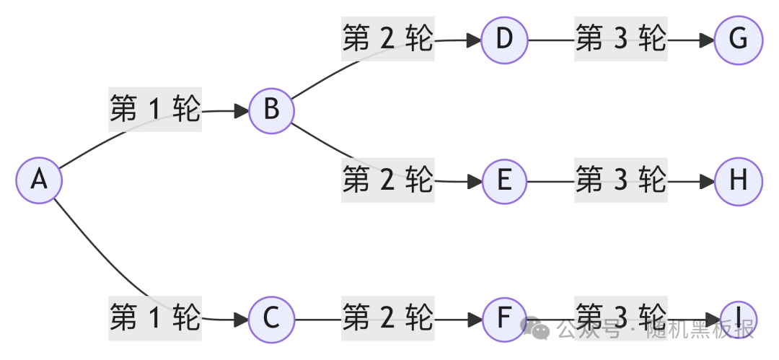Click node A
click(x=39, y=179)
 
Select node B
click(x=271, y=110)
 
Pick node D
click(x=504, y=39)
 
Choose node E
click(x=504, y=180)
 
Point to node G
click(x=738, y=39)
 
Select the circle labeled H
click(x=738, y=180)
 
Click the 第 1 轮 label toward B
click(x=155, y=110)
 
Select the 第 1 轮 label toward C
click(x=155, y=317)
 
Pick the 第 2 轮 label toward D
click(x=388, y=39)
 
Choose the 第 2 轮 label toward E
click(x=388, y=180)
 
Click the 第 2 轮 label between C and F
click(x=388, y=318)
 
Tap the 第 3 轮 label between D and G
click(x=621, y=39)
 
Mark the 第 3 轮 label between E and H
click(x=621, y=180)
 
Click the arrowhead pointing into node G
click(x=707, y=40)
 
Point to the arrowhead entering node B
click(x=241, y=111)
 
